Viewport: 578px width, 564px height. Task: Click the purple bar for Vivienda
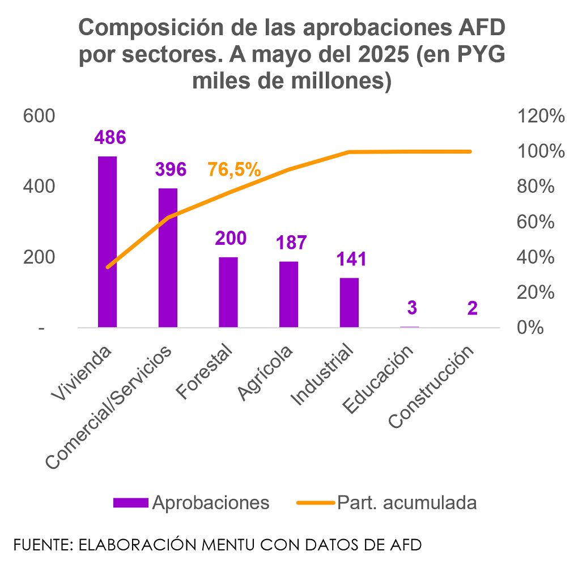[108, 242]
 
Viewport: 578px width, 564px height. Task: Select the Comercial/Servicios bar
[168, 258]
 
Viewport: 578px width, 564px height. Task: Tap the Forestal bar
[228, 292]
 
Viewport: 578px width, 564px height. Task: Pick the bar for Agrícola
[289, 295]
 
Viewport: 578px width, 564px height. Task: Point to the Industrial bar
[349, 303]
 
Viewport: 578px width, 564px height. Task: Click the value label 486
[110, 137]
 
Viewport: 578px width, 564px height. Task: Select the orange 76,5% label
[234, 169]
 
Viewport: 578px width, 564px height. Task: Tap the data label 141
[351, 260]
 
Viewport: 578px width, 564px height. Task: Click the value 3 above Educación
[412, 308]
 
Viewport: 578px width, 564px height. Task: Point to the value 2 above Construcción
[473, 308]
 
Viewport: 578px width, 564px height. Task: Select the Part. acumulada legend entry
[407, 502]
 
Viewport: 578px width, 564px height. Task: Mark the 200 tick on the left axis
[39, 257]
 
